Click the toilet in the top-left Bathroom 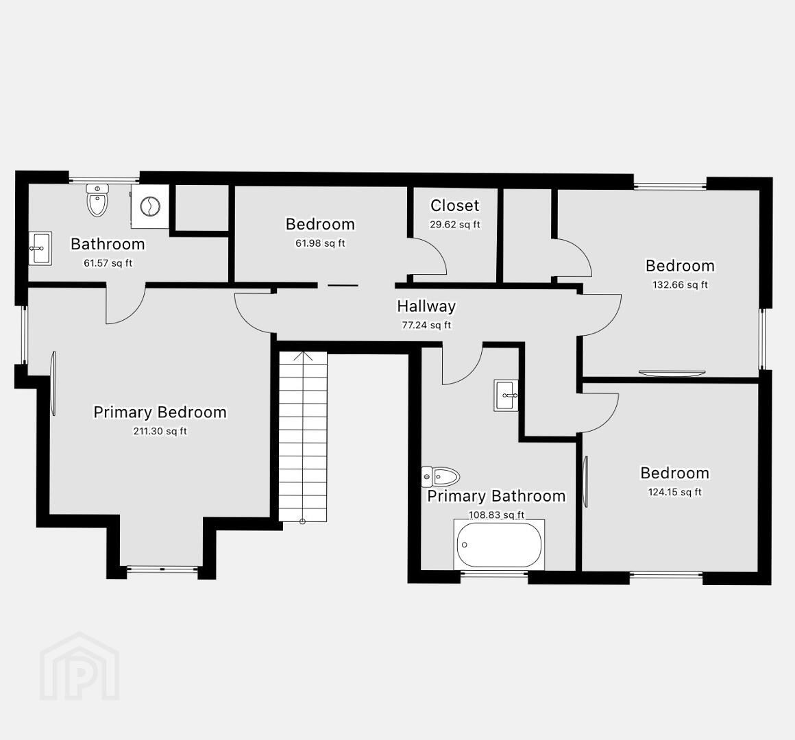coord(97,199)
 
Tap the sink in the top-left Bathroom coord(40,248)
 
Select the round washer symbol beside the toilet coord(150,206)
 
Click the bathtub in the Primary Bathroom coord(500,545)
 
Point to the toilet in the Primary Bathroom coord(440,476)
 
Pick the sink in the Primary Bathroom coord(506,395)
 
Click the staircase coord(303,436)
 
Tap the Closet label coord(455,206)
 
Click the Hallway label coord(426,306)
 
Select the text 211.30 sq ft coord(160,432)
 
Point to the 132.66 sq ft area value coord(680,285)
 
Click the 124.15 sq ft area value coord(675,492)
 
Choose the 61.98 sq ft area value coord(321,243)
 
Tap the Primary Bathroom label coord(496,495)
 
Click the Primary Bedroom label coord(160,412)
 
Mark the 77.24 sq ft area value coord(426,325)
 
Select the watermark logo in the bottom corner coord(79,666)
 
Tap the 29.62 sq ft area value coord(455,225)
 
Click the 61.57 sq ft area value coord(108,263)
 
